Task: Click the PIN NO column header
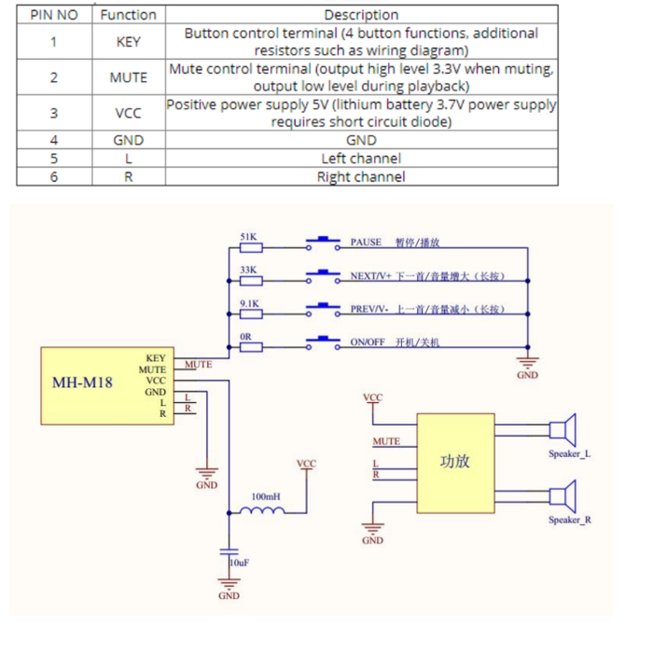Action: point(53,14)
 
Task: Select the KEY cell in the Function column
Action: point(128,42)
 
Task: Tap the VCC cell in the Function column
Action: point(128,113)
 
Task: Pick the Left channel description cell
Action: point(361,159)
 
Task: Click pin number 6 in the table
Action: point(53,176)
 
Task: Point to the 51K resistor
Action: point(250,247)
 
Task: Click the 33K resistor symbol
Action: point(250,279)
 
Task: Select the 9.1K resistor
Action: point(250,313)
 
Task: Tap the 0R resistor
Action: point(250,346)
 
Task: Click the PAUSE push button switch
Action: point(323,245)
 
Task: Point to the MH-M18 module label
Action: point(82,382)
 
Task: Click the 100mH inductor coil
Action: point(265,510)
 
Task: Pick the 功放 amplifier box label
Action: point(454,462)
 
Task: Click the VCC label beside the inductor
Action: point(306,464)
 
